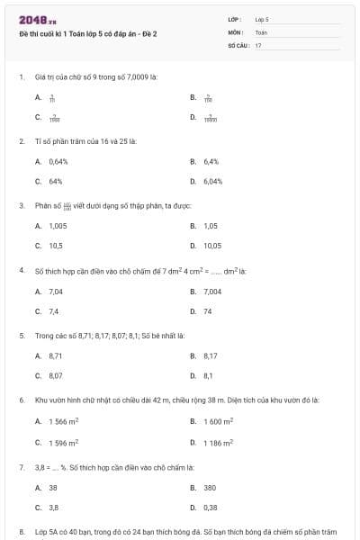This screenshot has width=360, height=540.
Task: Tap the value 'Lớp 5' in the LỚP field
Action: point(262,18)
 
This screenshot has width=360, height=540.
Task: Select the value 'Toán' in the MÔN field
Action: point(261,31)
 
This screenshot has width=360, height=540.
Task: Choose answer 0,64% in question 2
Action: point(58,161)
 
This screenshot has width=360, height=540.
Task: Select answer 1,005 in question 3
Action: point(58,226)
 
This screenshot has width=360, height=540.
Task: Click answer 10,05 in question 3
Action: point(212,246)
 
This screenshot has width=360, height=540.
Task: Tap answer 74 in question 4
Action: point(208,311)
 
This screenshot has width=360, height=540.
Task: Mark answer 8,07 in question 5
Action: point(56,375)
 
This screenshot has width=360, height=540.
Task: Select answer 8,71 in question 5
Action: point(56,355)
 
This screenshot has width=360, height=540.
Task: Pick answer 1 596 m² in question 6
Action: point(64,442)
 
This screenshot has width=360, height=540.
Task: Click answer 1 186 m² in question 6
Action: point(219,442)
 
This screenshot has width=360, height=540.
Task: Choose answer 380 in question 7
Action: point(210,487)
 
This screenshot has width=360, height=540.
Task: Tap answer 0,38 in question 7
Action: point(211,507)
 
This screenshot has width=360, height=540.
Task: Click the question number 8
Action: point(22,532)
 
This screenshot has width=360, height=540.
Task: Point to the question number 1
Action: point(22,76)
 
